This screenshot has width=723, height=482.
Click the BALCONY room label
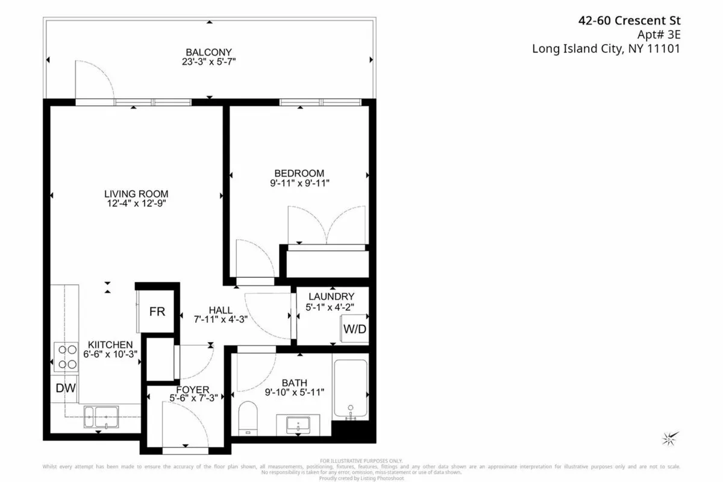(209, 52)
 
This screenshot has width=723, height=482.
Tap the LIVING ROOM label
(136, 194)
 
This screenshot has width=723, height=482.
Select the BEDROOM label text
(299, 174)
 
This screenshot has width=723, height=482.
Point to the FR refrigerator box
(157, 311)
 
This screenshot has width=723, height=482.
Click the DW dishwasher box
(66, 388)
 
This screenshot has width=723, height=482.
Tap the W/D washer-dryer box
(355, 329)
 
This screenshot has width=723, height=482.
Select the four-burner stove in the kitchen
(66, 356)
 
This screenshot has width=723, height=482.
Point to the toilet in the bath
(248, 417)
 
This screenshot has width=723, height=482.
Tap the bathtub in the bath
(350, 389)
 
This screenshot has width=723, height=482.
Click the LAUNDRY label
(331, 296)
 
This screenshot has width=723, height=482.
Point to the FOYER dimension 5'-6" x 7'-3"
(189, 398)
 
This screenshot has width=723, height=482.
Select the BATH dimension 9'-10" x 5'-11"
(295, 392)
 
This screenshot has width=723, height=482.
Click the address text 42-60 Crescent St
(629, 20)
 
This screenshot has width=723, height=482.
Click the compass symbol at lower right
(669, 438)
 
